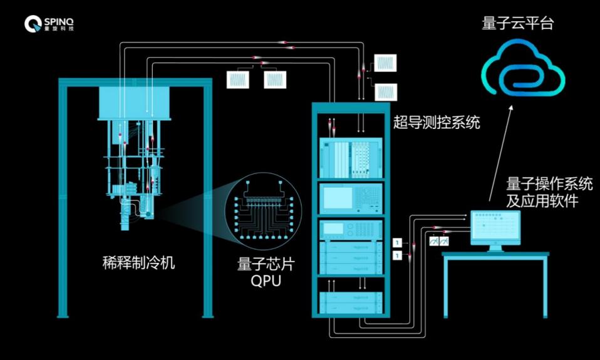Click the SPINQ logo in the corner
click(x=49, y=24)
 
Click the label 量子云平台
click(x=518, y=23)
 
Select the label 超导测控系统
click(x=437, y=123)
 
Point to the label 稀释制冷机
click(x=138, y=263)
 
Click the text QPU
click(x=266, y=281)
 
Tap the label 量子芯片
click(x=266, y=264)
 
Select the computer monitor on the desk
click(x=495, y=230)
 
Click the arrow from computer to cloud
click(x=500, y=153)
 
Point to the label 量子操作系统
click(x=549, y=184)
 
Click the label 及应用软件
click(x=542, y=201)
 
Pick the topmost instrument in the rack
click(x=351, y=158)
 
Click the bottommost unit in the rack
click(x=351, y=302)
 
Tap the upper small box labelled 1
click(x=398, y=242)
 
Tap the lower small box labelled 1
click(x=398, y=255)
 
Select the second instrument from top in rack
click(x=351, y=198)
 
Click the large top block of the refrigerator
click(x=134, y=103)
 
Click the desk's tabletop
click(x=495, y=254)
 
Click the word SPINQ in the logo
click(x=59, y=21)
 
